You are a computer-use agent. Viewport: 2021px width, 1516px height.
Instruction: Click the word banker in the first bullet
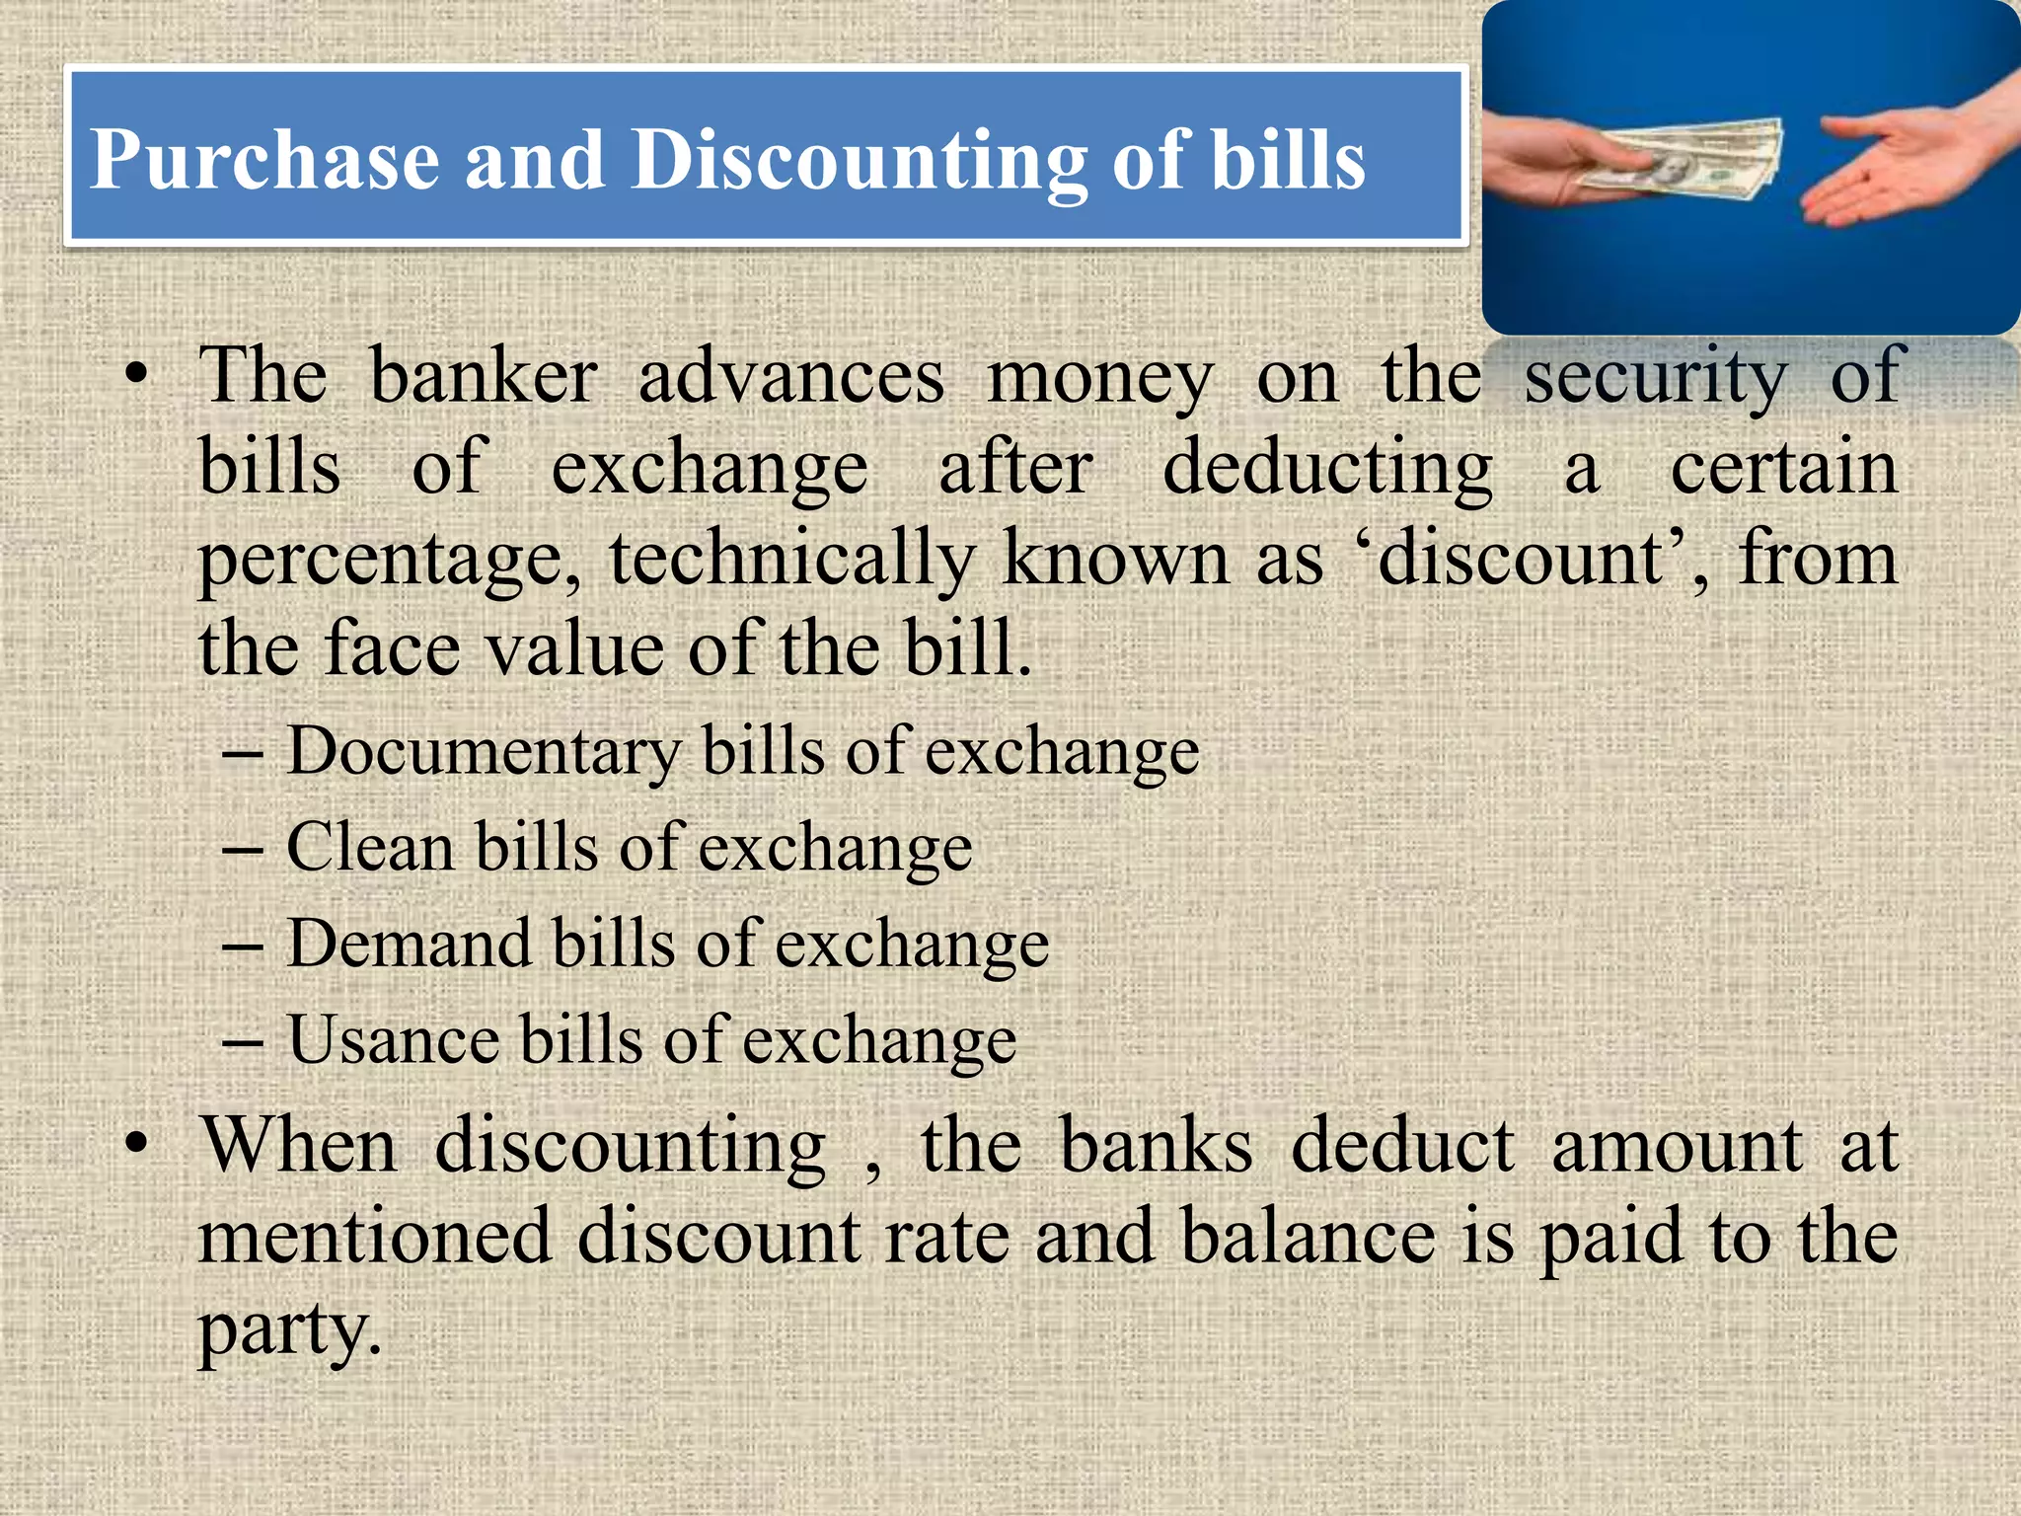click(x=484, y=377)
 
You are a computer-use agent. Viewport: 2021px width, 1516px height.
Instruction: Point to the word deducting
click(x=1327, y=468)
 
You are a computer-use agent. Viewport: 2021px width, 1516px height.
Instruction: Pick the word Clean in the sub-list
click(x=370, y=847)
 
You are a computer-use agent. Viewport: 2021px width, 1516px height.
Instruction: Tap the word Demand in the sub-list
click(x=409, y=944)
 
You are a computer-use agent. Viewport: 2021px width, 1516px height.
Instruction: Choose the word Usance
click(x=394, y=1040)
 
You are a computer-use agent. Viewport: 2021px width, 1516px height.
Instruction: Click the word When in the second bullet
click(x=299, y=1147)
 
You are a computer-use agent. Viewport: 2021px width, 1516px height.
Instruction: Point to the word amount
click(x=1677, y=1147)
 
